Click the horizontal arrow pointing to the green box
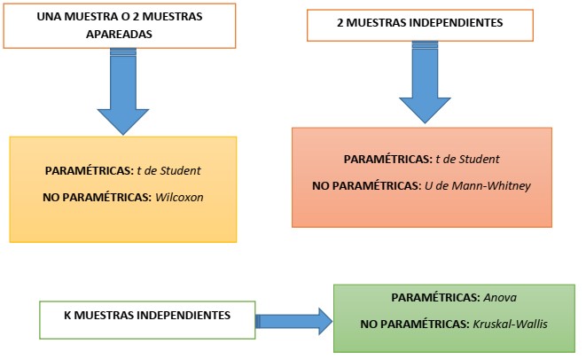289,320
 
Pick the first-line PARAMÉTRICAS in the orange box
387,160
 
